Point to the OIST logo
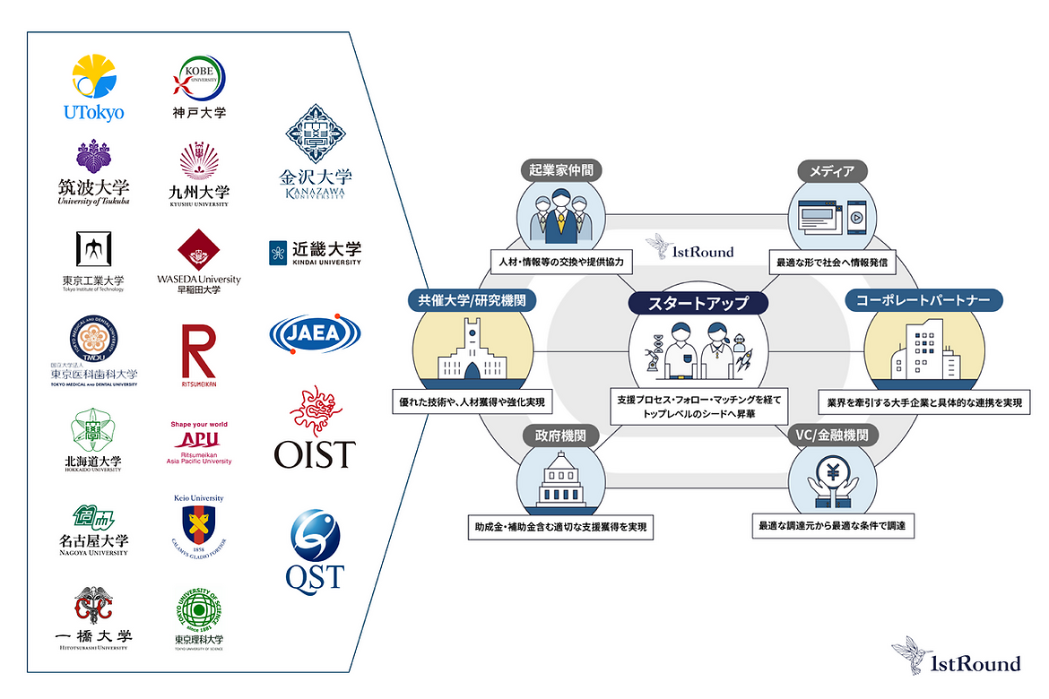pyautogui.click(x=315, y=428)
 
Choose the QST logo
pyautogui.click(x=315, y=548)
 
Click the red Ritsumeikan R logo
pyautogui.click(x=199, y=350)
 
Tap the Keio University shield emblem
pyautogui.click(x=199, y=523)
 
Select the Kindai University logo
pyautogui.click(x=315, y=252)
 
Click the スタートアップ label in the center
pyautogui.click(x=699, y=303)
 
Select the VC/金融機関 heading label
pyautogui.click(x=832, y=436)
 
